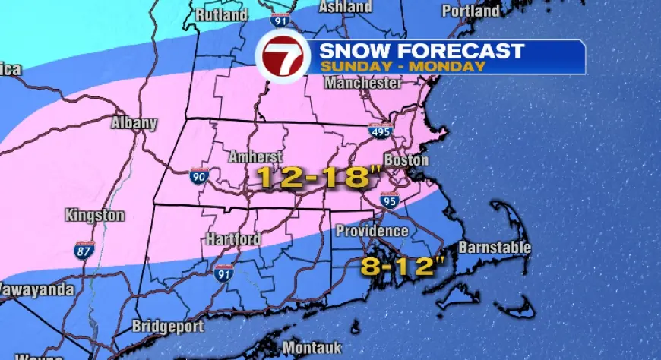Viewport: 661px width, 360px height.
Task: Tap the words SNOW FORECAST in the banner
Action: point(422,51)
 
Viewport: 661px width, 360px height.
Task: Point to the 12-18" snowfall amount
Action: point(318,178)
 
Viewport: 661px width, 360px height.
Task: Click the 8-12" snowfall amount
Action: point(391,266)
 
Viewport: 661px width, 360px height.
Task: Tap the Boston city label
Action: point(406,161)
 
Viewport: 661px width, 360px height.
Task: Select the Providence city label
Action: point(372,230)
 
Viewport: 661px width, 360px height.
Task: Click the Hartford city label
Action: point(233,239)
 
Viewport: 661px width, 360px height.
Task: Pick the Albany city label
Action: point(134,123)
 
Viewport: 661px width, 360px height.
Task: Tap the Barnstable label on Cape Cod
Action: point(495,248)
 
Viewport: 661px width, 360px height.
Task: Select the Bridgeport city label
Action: point(168,327)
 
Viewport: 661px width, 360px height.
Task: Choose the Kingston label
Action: point(94,216)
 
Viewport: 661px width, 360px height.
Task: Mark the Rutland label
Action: point(222,14)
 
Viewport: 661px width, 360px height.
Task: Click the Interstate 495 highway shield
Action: point(381,131)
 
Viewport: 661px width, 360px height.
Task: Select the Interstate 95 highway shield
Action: point(391,201)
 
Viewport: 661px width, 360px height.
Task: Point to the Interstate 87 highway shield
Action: point(84,250)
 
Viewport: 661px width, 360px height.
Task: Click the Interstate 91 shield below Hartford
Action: point(223,272)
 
